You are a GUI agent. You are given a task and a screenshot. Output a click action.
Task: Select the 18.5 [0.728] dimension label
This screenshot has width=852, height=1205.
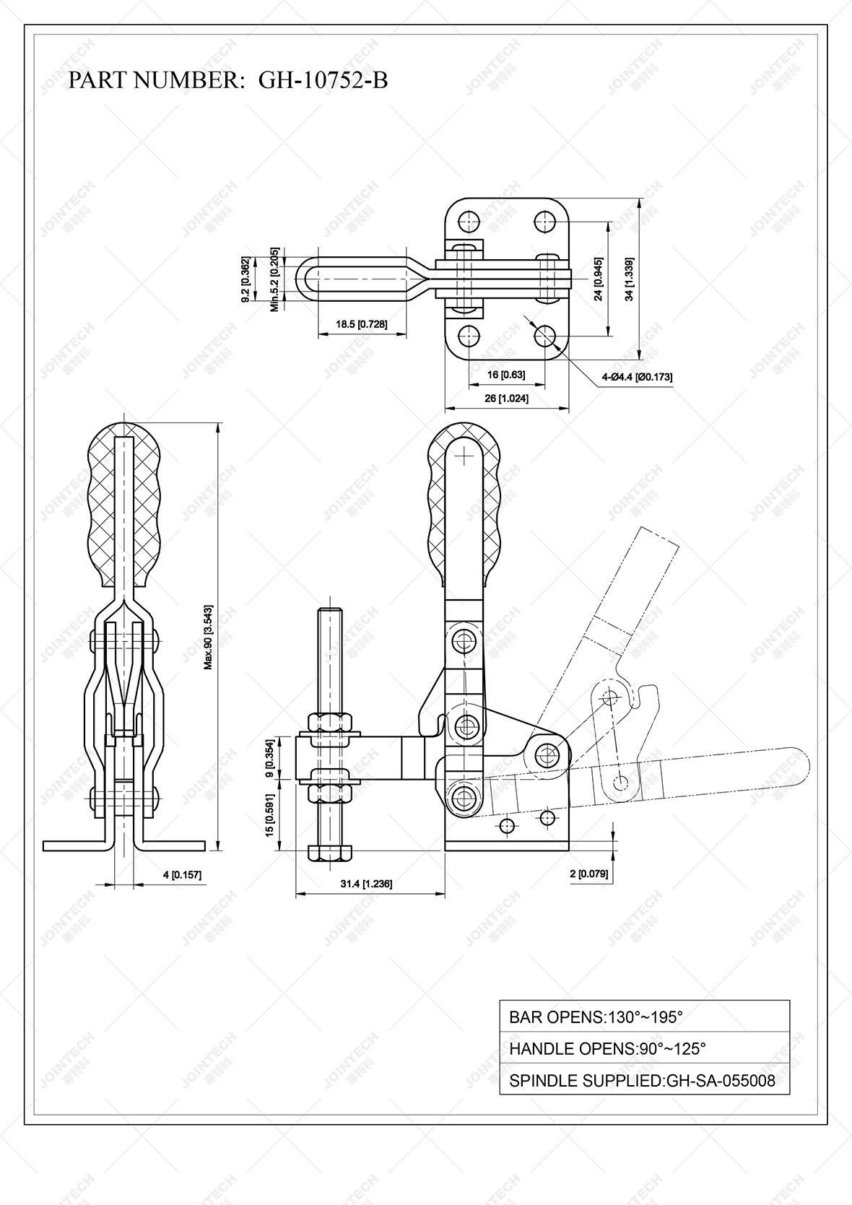click(x=361, y=324)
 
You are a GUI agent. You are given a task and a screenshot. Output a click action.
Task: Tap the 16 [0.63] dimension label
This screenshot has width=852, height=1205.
click(x=505, y=375)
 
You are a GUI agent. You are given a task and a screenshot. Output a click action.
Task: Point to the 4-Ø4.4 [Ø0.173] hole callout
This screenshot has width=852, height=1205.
click(x=637, y=377)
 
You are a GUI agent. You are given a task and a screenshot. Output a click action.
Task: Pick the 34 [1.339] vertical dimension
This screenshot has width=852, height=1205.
click(x=630, y=279)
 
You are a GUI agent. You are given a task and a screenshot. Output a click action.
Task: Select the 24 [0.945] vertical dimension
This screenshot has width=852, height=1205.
click(x=598, y=279)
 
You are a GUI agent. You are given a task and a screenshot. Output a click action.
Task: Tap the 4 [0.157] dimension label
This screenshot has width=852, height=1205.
click(x=182, y=875)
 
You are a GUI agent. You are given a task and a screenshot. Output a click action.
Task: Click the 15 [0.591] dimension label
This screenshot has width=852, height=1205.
click(x=269, y=816)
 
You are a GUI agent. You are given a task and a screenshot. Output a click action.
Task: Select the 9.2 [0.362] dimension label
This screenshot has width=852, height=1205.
click(x=245, y=279)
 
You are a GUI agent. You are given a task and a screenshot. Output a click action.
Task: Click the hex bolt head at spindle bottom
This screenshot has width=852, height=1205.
click(x=331, y=853)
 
